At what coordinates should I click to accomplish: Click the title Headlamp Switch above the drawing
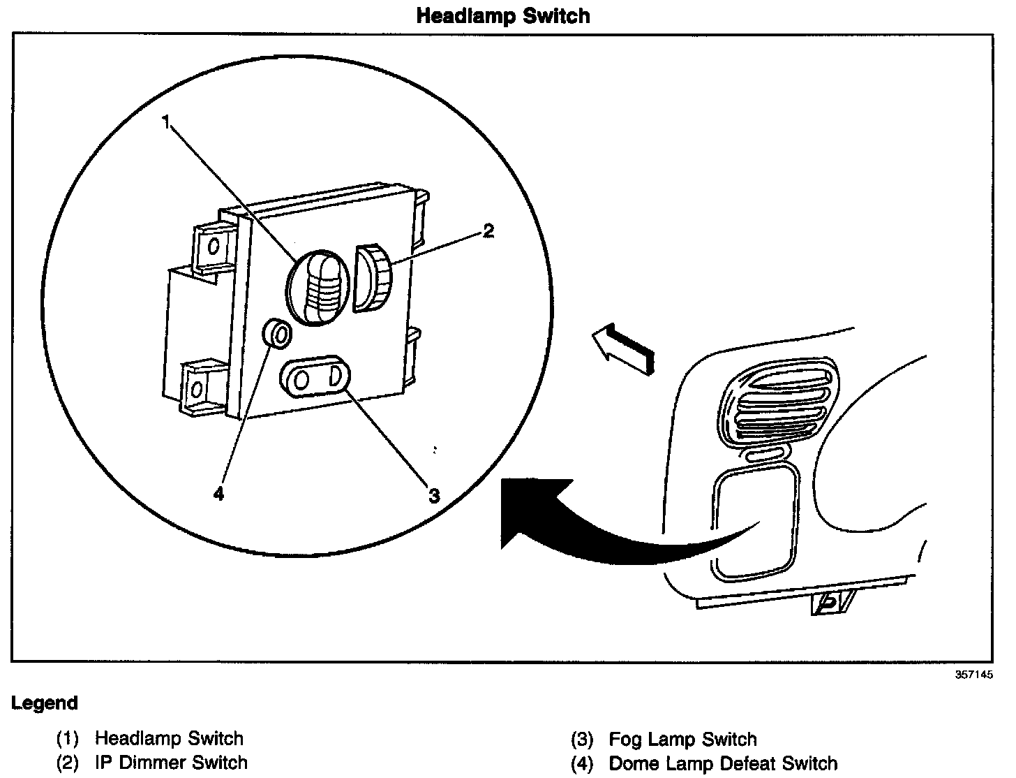tap(502, 16)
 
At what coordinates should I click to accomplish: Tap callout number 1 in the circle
tap(166, 122)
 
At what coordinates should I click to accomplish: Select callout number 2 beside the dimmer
tap(488, 231)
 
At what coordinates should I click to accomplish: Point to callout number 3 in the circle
tap(434, 496)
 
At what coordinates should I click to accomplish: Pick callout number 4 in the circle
tap(219, 494)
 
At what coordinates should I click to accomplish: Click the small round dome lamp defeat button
tap(276, 335)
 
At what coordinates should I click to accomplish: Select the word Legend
tap(45, 703)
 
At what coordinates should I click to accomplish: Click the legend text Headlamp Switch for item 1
tap(169, 738)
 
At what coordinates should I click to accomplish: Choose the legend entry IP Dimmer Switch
tap(171, 762)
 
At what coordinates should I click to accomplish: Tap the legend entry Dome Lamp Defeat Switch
tap(722, 763)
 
